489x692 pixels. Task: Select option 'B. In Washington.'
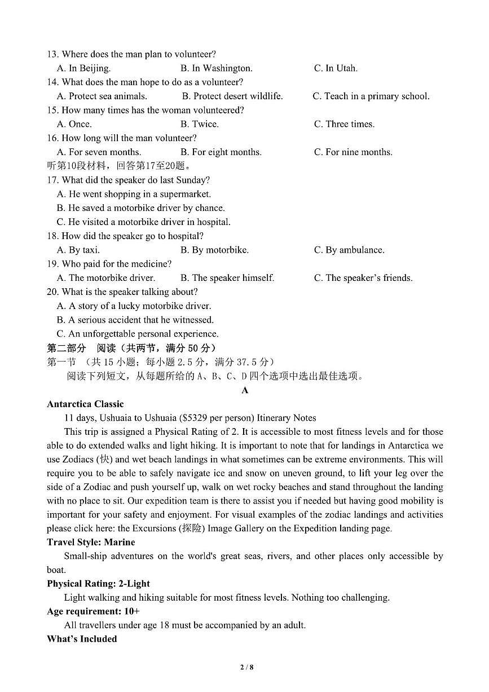point(216,68)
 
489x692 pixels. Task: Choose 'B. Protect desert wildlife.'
point(232,96)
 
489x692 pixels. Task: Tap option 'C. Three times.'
point(343,124)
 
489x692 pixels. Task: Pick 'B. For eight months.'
point(221,152)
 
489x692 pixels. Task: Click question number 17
point(52,180)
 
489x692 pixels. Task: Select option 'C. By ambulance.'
point(349,250)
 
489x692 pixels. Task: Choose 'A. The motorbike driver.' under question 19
point(105,277)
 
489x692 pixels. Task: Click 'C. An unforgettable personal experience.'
point(137,333)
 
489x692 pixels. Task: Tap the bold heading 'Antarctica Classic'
point(85,404)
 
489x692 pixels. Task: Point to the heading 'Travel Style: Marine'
point(91,542)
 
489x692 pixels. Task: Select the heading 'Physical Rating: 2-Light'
point(98,583)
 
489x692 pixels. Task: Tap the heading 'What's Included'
point(82,638)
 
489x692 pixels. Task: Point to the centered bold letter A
point(245,390)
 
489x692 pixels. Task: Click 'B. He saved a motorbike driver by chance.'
point(140,208)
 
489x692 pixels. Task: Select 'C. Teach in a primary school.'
point(371,96)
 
